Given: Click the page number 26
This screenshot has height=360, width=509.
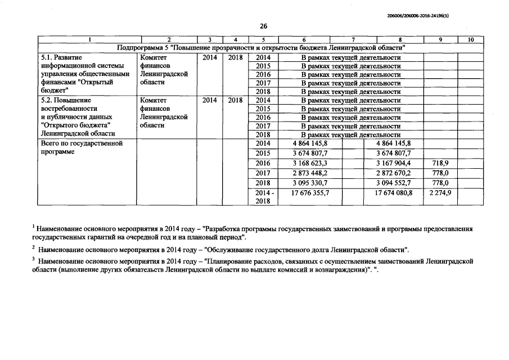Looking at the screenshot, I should pyautogui.click(x=263, y=26).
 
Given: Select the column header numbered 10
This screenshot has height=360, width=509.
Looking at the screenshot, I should pyautogui.click(x=470, y=39).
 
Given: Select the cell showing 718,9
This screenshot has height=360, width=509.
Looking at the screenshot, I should pyautogui.click(x=439, y=163).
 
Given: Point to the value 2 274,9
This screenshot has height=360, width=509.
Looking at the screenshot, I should pyautogui.click(x=439, y=192).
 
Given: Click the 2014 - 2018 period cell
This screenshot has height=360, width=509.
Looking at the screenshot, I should pyautogui.click(x=263, y=197).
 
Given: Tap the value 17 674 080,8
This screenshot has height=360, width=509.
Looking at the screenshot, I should pyautogui.click(x=393, y=192).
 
